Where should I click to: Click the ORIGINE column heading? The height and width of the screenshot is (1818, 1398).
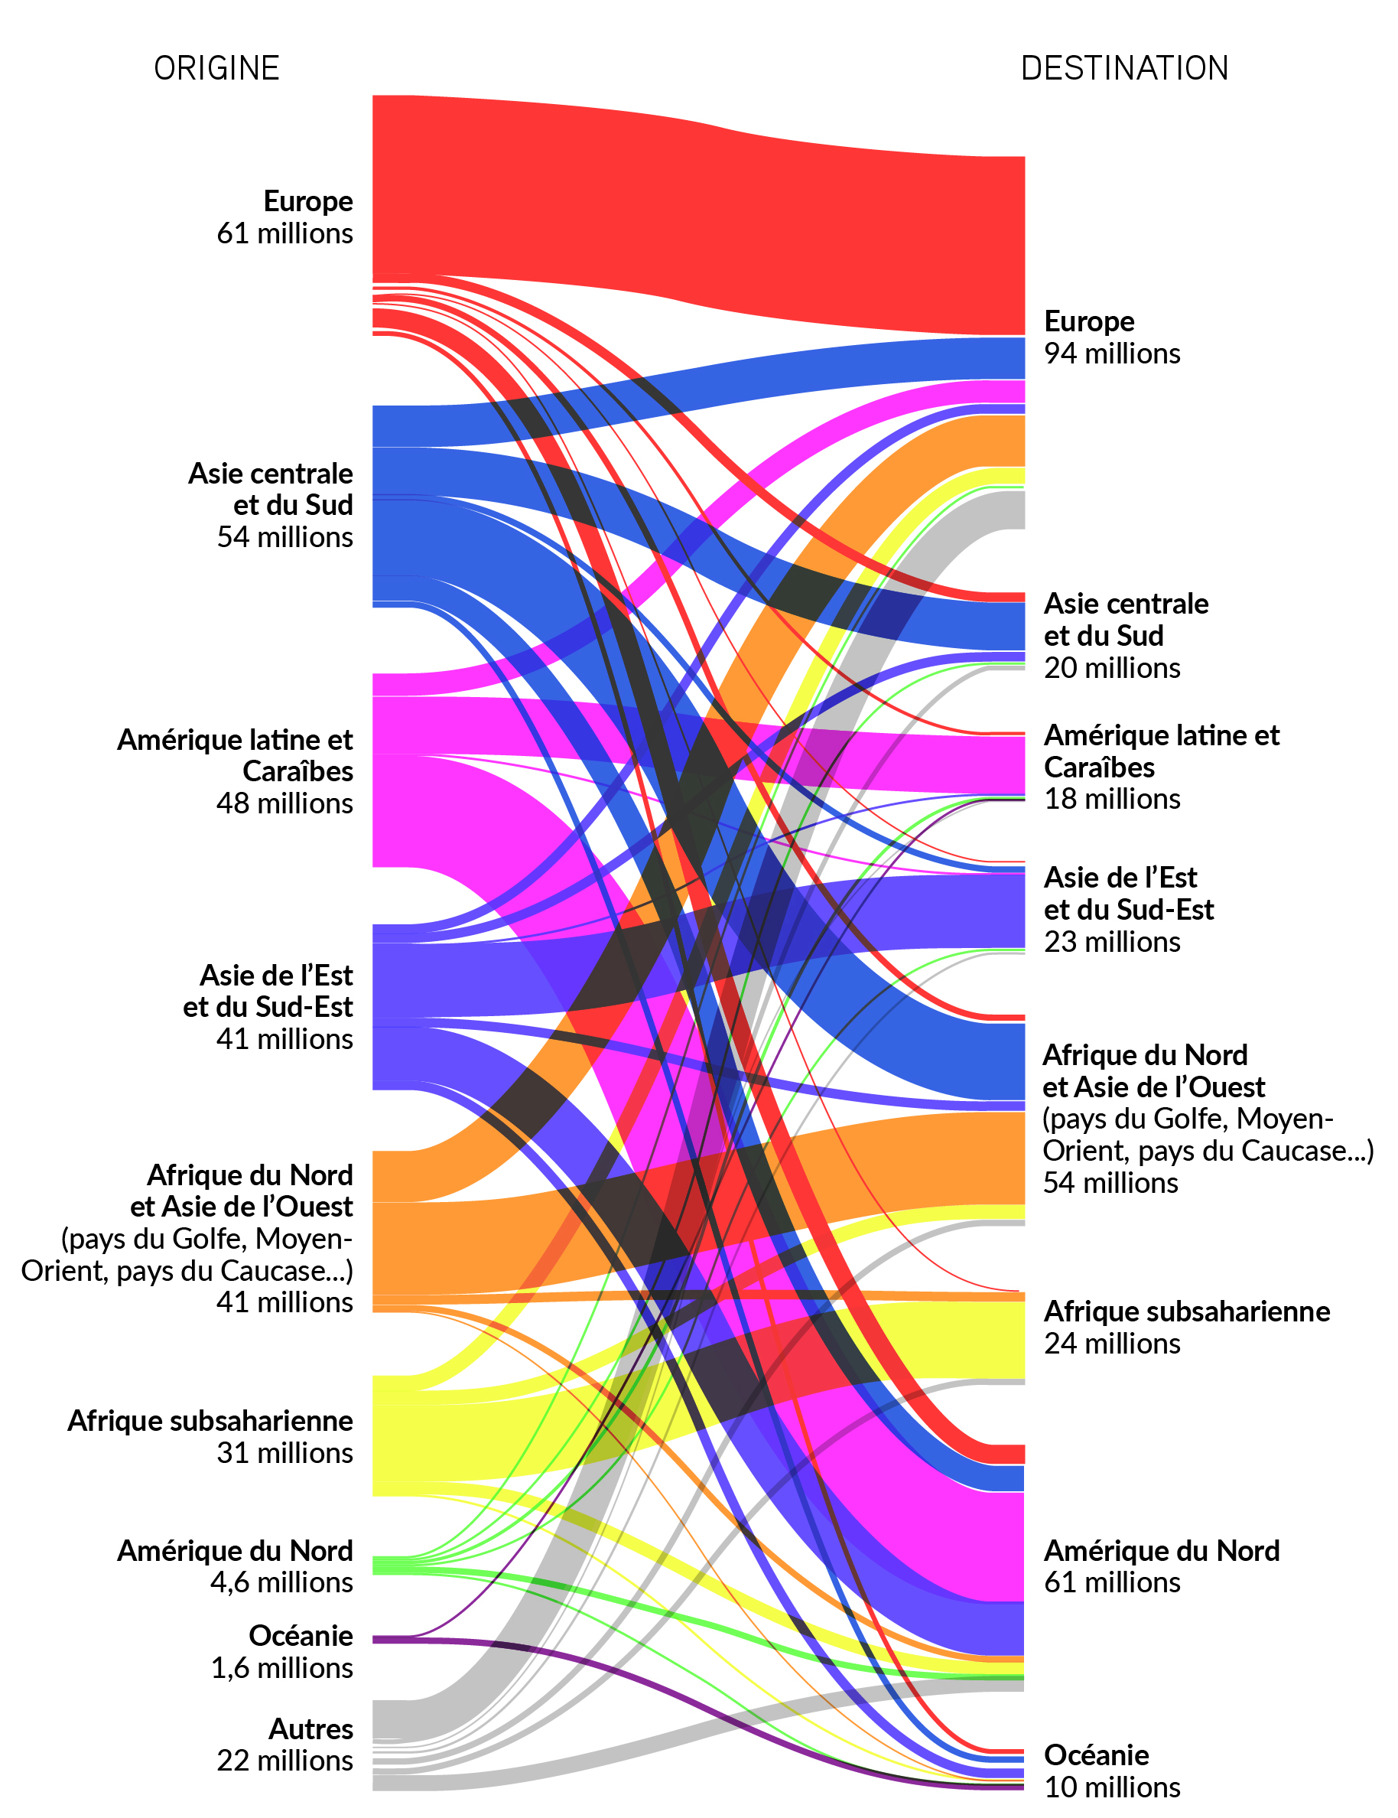tap(216, 68)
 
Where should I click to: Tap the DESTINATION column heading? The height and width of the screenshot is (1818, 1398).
tap(1124, 68)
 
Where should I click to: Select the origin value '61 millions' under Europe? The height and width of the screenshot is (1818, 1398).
tap(284, 233)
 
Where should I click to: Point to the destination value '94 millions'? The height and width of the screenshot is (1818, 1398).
tap(1112, 353)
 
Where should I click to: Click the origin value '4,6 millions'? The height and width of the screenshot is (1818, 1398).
tap(281, 1582)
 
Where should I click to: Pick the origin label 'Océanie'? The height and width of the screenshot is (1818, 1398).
tap(301, 1636)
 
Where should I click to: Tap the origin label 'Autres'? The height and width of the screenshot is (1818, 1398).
tap(310, 1729)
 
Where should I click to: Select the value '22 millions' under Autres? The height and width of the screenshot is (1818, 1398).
tap(284, 1761)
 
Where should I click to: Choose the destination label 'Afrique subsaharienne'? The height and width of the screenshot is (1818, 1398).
tap(1187, 1311)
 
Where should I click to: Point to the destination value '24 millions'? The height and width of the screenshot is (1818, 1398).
tap(1112, 1344)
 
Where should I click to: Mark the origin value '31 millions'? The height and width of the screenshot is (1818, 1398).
tap(284, 1452)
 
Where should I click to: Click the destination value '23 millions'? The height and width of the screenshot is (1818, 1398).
tap(1112, 941)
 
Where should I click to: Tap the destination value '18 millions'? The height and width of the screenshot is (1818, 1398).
tap(1112, 799)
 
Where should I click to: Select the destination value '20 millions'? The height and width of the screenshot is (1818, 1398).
tap(1112, 668)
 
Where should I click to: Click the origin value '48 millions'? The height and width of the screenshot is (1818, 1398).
tap(284, 803)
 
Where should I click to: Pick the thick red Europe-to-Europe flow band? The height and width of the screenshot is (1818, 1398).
tap(699, 217)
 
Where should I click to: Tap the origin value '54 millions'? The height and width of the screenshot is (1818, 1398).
tap(284, 537)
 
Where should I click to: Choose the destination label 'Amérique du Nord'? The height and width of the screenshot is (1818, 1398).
tap(1162, 1551)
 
